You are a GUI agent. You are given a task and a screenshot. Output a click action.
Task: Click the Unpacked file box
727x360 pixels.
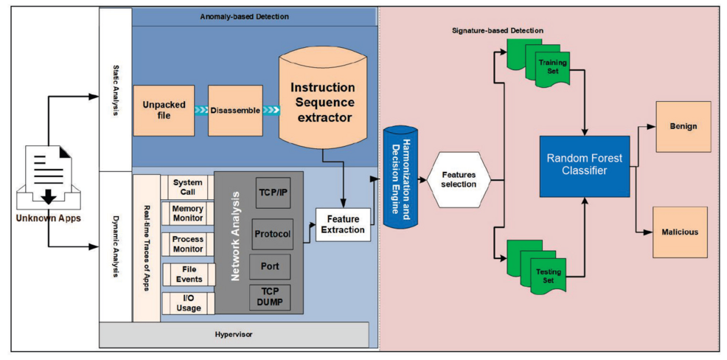164,111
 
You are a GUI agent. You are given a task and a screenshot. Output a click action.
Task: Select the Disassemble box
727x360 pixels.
235,111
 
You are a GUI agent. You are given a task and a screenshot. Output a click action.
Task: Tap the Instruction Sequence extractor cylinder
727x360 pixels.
322,104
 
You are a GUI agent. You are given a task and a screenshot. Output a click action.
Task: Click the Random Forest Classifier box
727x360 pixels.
585,165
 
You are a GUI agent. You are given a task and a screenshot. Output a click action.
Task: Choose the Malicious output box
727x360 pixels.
680,232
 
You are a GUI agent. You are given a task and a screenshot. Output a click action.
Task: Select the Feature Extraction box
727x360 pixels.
343,224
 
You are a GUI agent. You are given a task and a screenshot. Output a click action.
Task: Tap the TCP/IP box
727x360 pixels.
273,193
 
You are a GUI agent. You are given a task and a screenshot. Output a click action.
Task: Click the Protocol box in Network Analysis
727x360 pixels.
272,234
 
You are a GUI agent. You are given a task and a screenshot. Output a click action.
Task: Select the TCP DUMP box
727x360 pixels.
270,297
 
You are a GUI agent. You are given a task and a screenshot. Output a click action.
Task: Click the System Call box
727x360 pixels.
187,187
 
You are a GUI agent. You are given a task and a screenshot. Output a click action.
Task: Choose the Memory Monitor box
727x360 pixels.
187,214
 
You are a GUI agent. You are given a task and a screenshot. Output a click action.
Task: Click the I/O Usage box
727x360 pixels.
188,302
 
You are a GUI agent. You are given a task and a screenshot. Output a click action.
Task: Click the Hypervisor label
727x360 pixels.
233,334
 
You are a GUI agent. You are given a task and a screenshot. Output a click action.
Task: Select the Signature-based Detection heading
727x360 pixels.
498,30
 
